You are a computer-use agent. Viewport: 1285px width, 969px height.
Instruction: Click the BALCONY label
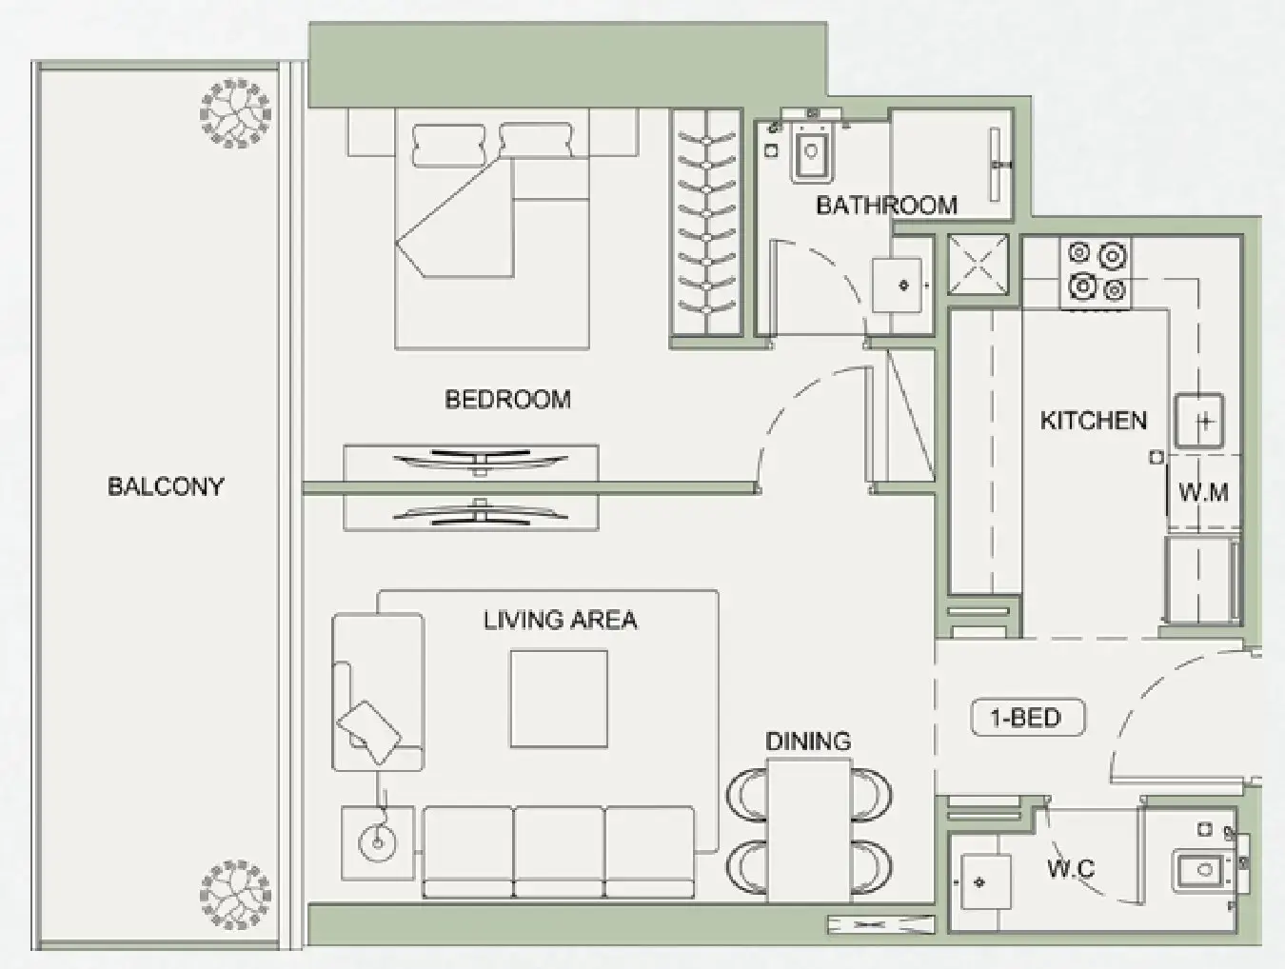coord(166,486)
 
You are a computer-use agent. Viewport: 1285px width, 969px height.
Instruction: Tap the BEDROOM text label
coord(507,399)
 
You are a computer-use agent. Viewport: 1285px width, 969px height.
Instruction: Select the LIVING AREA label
coord(560,621)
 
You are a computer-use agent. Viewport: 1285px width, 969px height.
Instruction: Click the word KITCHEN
coord(1093,421)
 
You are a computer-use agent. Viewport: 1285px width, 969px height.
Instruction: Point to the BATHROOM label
coord(886,205)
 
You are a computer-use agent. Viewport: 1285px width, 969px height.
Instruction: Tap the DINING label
coord(808,741)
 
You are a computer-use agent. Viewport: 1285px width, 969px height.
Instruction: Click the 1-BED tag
coord(1026,717)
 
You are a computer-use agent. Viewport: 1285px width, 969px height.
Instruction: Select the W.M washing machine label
coord(1203,493)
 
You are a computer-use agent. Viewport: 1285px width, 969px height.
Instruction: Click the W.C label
coord(1071,868)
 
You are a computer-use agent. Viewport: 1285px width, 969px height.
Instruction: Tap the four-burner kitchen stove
coord(1096,271)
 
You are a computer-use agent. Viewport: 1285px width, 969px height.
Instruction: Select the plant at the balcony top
coord(235,113)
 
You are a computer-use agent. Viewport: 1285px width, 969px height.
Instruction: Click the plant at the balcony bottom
coord(234,895)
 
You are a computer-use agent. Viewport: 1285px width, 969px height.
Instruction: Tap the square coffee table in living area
coord(559,699)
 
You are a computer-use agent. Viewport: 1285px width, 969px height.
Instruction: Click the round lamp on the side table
coord(377,840)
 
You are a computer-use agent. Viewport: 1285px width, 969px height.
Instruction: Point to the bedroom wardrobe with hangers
coord(705,221)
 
